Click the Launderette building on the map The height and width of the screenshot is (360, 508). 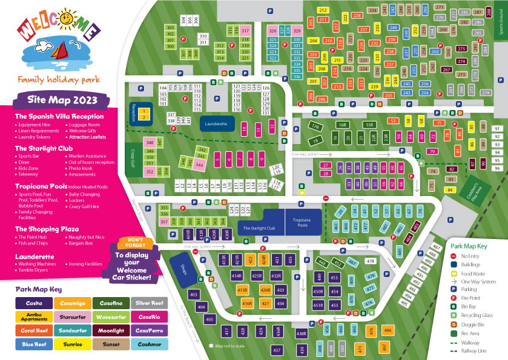[217, 123]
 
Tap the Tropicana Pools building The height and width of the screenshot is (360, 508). [297, 223]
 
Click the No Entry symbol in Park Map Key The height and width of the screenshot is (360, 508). [454, 256]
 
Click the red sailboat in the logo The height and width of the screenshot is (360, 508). [59, 53]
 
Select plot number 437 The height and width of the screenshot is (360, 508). [277, 350]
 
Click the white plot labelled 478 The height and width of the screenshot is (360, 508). [371, 261]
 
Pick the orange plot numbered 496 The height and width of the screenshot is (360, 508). [387, 330]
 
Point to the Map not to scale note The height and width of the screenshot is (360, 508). [228, 346]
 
